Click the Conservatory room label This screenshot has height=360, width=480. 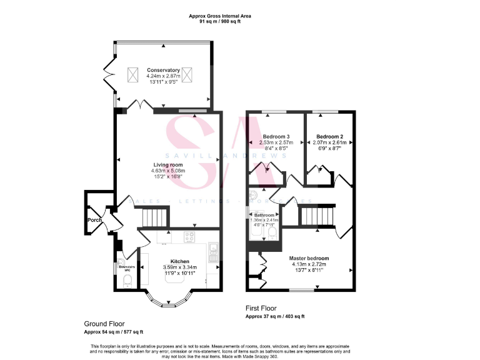pos(163,70)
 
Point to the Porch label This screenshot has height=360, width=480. pos(94,219)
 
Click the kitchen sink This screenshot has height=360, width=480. pos(214,251)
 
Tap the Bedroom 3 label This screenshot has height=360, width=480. pos(276,136)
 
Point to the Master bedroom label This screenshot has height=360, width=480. pos(308,257)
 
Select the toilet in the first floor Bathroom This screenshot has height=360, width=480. pos(273,233)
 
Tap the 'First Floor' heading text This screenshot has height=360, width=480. pos(262,308)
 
